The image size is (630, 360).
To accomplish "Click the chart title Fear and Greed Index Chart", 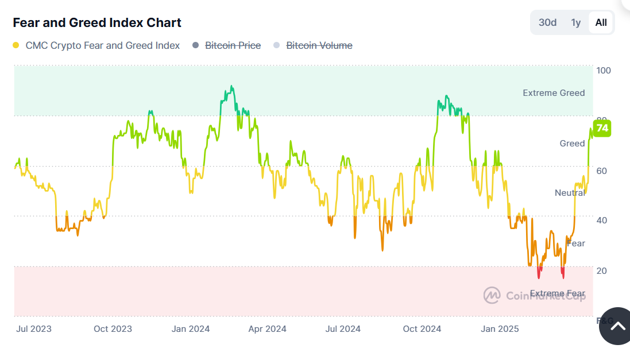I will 97,23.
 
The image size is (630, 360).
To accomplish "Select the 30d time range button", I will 547,22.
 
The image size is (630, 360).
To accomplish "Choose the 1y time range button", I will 575,22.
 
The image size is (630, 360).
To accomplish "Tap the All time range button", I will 601,22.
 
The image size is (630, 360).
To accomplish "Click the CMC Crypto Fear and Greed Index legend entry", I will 103,45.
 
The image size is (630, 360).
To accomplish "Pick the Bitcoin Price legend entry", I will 233,45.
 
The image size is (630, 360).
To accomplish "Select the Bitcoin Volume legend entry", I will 319,45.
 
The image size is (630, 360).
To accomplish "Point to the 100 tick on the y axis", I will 604,71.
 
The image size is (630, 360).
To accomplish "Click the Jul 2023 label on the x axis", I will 34,328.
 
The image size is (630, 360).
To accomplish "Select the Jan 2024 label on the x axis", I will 191,328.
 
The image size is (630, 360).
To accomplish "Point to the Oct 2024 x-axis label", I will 422,328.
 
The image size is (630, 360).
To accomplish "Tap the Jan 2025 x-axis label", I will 500,328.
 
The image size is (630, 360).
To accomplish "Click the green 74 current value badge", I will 602,128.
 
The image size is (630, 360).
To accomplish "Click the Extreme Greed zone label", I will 554,93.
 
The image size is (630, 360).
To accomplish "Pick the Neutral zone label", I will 570,193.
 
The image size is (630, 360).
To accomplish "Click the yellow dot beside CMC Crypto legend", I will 16,45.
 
